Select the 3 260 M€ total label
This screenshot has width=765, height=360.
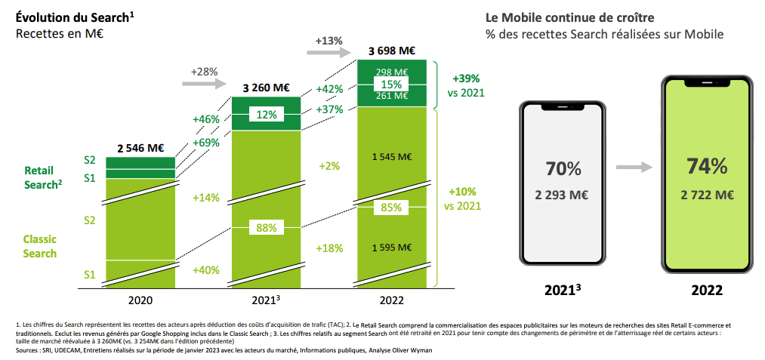[266, 88]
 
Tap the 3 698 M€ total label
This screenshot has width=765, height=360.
[390, 51]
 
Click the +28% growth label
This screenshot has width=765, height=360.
[204, 72]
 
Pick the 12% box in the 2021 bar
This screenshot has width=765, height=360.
[265, 115]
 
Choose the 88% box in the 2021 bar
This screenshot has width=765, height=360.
[265, 227]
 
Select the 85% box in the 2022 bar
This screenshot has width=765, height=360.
[390, 207]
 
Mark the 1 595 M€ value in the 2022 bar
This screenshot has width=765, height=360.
[391, 248]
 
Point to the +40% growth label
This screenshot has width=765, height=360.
[205, 270]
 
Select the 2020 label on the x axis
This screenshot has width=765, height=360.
[140, 300]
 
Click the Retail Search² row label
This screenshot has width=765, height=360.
[41, 177]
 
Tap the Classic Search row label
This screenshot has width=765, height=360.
[40, 246]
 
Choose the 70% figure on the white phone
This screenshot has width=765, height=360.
[563, 168]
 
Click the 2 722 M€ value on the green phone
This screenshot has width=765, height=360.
[706, 195]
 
